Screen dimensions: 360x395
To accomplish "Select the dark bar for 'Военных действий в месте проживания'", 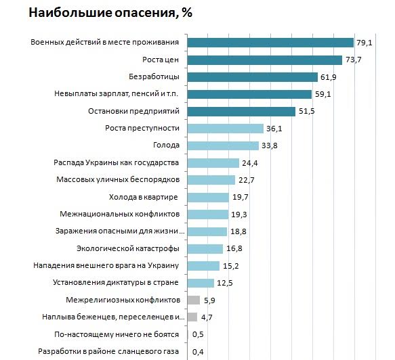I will [270, 43].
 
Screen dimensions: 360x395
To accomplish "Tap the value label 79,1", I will [365, 43].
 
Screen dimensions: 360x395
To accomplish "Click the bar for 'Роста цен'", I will [264, 60].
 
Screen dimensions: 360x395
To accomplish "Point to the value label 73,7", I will [353, 60].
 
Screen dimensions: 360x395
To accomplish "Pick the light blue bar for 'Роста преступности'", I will [225, 129].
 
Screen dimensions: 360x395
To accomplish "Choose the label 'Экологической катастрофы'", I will [127, 248].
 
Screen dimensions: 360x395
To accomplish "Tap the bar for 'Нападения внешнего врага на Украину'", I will [203, 266].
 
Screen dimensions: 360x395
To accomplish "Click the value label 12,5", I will [225, 283].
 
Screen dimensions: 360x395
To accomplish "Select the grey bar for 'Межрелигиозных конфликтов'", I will [193, 300].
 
